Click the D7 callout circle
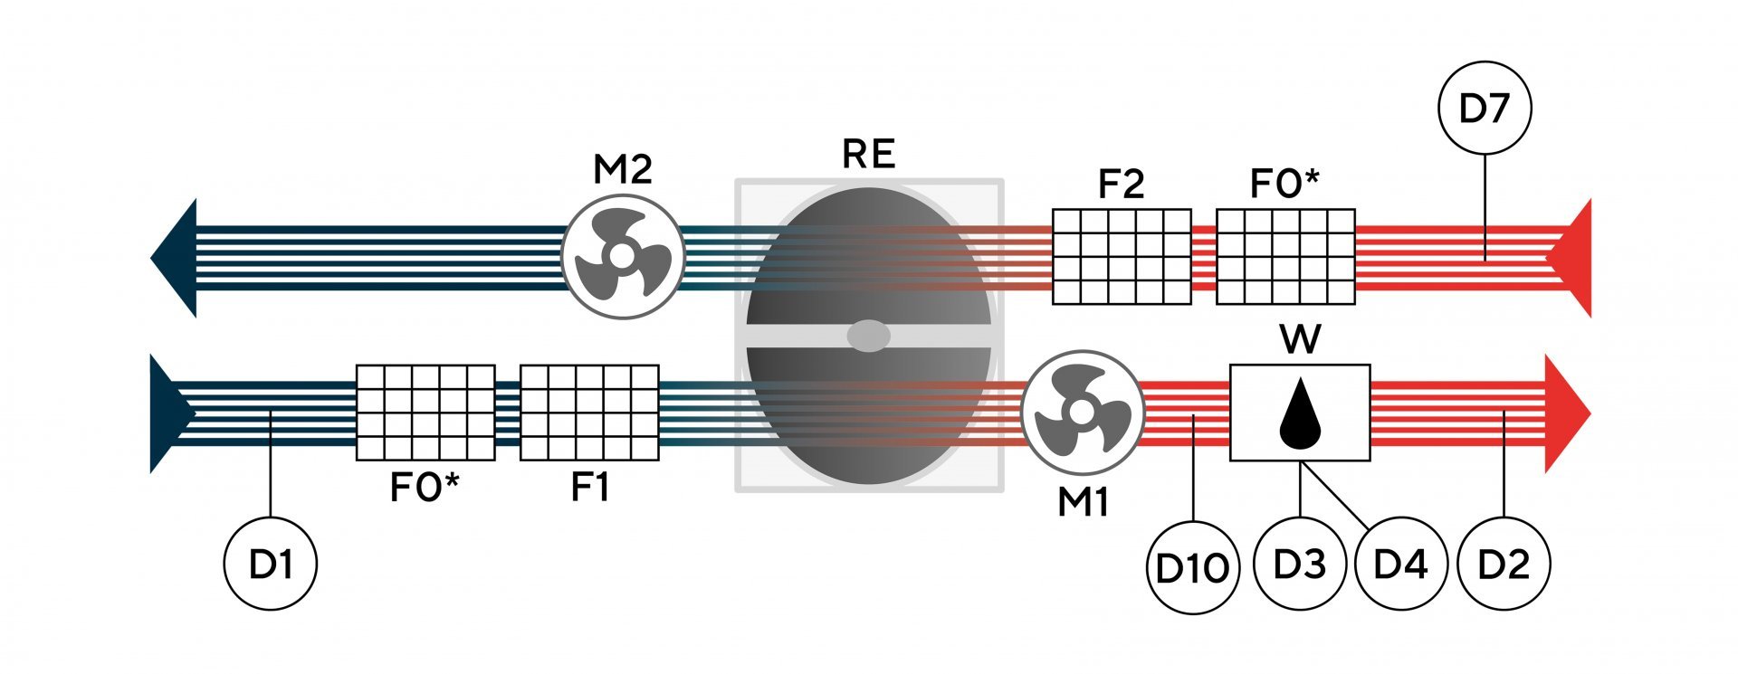[1485, 109]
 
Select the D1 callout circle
[271, 565]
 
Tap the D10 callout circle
[1192, 568]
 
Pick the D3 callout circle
[1299, 565]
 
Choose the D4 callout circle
[1400, 565]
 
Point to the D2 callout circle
[1504, 565]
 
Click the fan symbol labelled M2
[622, 256]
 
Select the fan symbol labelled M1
[1082, 413]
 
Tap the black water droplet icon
[1300, 413]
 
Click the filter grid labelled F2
[1122, 257]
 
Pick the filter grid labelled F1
[589, 413]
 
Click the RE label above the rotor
[868, 155]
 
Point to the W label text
[1300, 340]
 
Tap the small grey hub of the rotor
[868, 336]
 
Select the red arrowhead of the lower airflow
[1566, 413]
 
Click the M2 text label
[622, 169]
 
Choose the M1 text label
[1083, 503]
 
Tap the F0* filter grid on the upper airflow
[1285, 257]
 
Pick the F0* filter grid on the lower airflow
[425, 413]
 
